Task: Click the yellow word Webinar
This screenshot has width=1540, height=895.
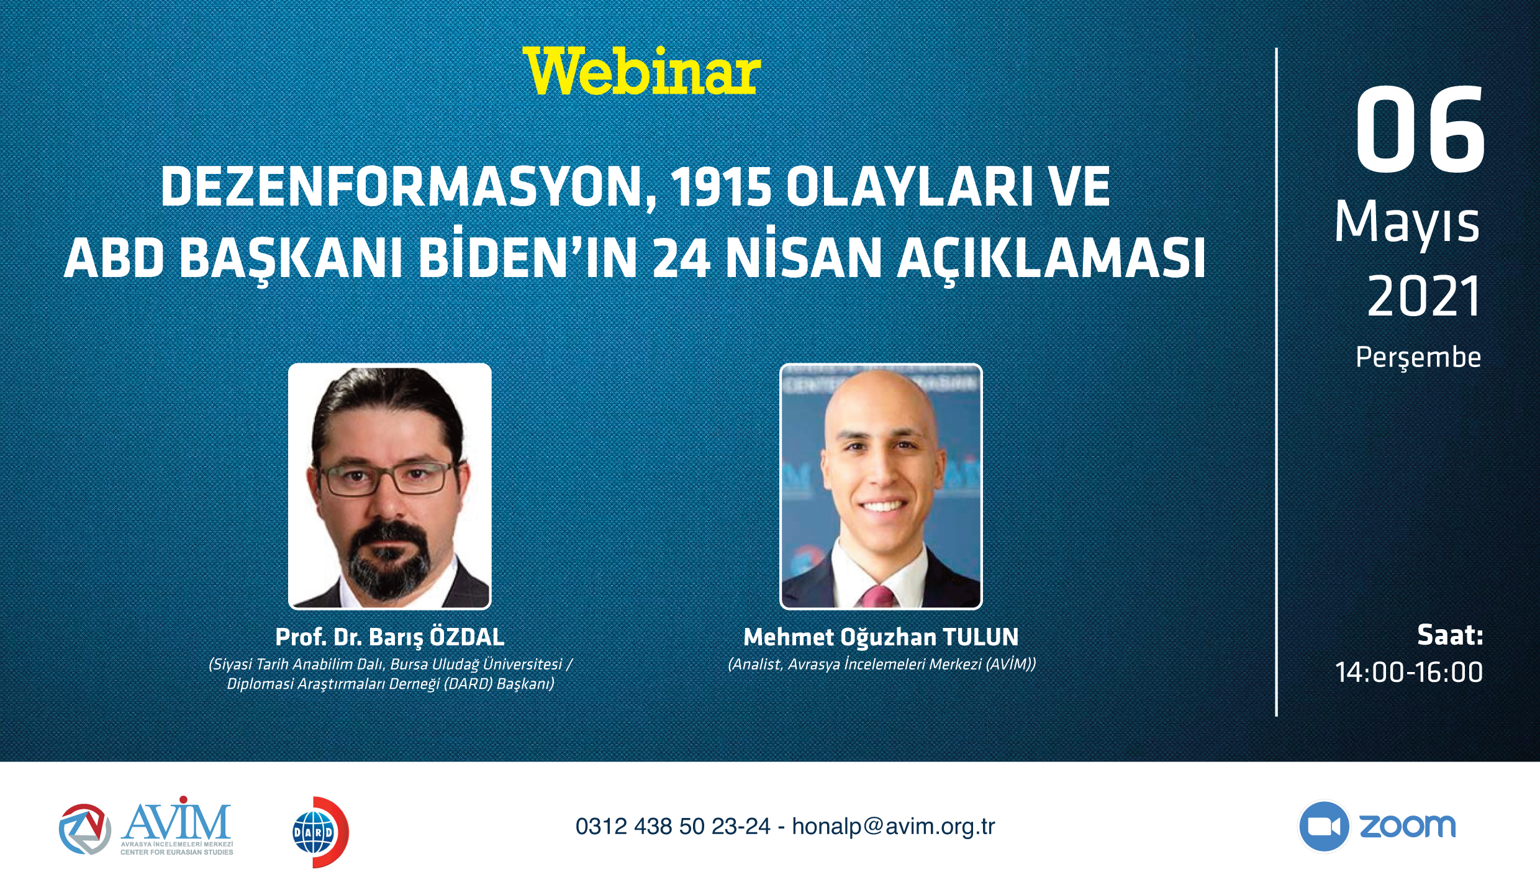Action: click(x=641, y=71)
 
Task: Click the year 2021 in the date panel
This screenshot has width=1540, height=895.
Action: click(x=1424, y=296)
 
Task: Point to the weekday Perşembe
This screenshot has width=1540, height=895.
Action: click(x=1418, y=358)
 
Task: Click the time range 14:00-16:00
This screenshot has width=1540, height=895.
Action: click(x=1409, y=673)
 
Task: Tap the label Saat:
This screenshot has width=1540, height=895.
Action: click(x=1450, y=635)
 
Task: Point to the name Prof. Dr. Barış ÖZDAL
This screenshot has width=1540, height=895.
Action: click(x=390, y=637)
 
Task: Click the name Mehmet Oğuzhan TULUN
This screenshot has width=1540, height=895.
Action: click(x=881, y=637)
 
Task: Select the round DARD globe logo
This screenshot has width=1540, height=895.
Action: click(x=320, y=832)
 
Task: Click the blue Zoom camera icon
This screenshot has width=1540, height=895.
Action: click(x=1325, y=827)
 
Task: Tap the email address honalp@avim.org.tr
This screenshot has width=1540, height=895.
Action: click(x=894, y=827)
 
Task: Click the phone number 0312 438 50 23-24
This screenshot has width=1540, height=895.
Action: click(x=673, y=827)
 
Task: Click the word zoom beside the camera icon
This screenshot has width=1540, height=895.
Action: click(x=1408, y=827)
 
